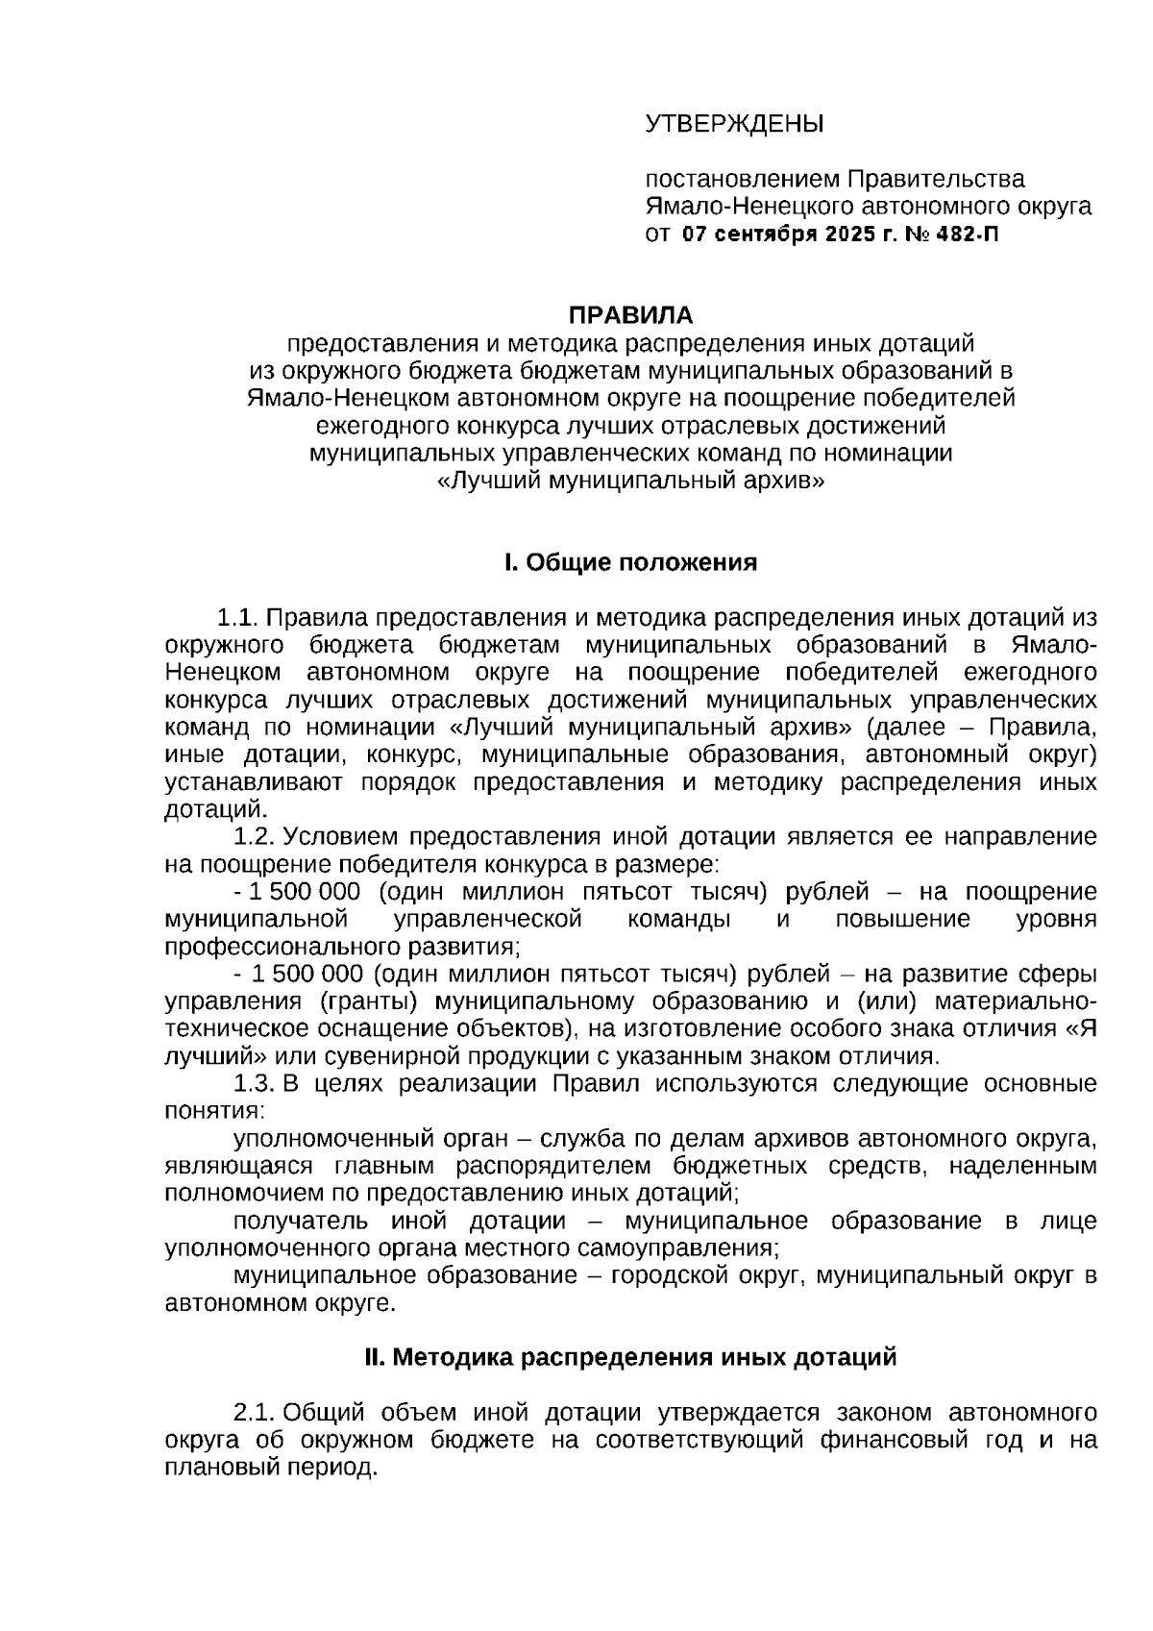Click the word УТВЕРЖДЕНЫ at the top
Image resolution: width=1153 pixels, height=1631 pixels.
[x=734, y=125]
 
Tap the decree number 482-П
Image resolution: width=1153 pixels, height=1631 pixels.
[x=968, y=234]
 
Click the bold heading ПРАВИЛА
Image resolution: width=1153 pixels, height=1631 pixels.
[x=630, y=315]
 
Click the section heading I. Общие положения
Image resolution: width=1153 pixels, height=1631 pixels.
[x=630, y=562]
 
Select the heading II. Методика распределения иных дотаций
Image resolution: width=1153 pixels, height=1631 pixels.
[x=630, y=1357]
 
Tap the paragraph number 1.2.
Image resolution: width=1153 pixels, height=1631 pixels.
[x=256, y=836]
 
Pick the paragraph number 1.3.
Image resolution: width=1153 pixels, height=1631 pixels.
[x=256, y=1084]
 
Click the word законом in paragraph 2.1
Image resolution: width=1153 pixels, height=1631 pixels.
[x=884, y=1413]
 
